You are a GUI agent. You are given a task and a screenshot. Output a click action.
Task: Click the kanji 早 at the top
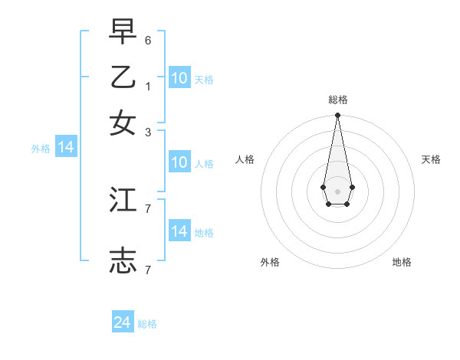(123, 33)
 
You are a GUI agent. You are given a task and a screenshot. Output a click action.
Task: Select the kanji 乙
(123, 78)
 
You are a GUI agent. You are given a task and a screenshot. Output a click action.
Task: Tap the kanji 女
(123, 123)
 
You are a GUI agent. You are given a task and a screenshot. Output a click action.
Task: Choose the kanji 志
(123, 261)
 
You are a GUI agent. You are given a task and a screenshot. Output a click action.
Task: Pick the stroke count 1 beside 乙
(148, 86)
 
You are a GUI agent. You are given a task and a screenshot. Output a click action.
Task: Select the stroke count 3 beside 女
(148, 132)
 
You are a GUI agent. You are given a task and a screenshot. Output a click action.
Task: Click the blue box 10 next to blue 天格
(179, 78)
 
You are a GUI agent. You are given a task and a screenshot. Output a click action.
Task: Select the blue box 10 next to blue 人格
(179, 162)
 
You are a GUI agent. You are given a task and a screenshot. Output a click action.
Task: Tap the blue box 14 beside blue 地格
(179, 231)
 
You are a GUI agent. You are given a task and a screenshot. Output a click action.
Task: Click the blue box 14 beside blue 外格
(66, 147)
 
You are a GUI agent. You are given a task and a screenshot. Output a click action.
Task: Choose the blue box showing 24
(123, 322)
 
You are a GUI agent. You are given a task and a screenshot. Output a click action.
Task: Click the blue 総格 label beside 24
(148, 324)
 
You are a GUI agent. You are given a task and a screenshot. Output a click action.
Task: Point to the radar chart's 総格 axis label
(337, 100)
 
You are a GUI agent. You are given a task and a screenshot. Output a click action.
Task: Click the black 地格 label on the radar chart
(402, 262)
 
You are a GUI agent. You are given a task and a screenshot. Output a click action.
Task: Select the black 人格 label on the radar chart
(245, 159)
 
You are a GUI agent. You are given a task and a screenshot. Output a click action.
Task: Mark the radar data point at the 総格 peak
(337, 116)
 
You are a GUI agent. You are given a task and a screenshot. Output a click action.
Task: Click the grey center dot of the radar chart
(337, 191)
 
